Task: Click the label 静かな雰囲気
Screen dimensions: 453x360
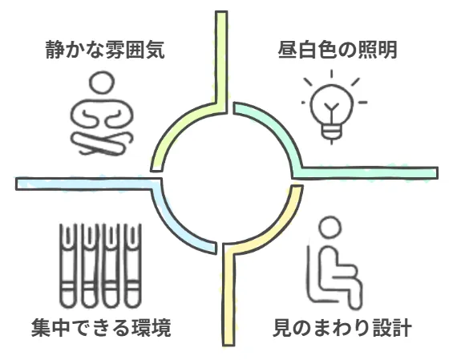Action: (x=105, y=50)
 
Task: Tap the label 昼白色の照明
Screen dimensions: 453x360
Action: (x=338, y=50)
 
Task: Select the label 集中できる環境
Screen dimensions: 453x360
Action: (x=101, y=327)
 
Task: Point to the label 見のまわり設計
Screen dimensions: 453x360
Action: (x=342, y=327)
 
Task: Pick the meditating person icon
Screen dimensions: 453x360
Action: (x=103, y=113)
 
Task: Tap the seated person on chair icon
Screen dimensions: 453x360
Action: (x=334, y=262)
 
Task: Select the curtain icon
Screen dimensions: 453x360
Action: (x=100, y=265)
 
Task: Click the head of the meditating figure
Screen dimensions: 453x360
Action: (x=103, y=83)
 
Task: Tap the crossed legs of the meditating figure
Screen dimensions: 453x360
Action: (x=102, y=144)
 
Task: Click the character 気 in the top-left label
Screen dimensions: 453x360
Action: (x=155, y=50)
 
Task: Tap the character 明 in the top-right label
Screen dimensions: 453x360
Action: (x=388, y=50)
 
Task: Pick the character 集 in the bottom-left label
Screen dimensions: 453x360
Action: (x=41, y=327)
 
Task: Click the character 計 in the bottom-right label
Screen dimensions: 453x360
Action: (x=402, y=327)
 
